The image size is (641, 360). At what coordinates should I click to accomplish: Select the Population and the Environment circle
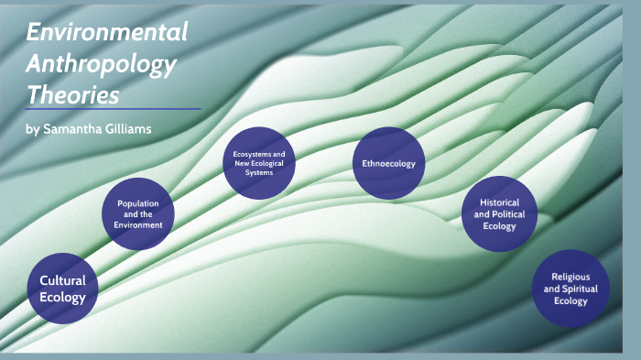139,213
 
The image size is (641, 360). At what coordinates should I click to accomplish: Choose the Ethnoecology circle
388,164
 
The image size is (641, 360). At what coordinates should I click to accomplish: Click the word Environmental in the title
107,33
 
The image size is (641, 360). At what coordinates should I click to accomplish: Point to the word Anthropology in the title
102,64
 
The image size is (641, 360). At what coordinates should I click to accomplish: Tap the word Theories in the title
73,94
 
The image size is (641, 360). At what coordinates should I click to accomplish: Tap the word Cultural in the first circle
62,280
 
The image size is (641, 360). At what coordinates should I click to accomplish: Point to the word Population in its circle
139,202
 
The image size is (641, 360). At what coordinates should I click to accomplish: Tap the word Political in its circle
507,214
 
